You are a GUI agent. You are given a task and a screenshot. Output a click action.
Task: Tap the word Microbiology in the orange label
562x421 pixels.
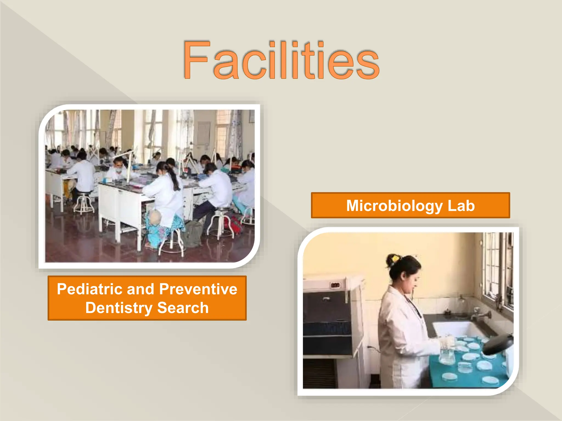click(x=394, y=206)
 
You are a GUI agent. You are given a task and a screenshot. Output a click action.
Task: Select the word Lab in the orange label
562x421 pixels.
click(x=461, y=206)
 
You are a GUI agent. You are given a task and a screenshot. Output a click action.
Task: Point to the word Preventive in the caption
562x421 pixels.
click(x=198, y=289)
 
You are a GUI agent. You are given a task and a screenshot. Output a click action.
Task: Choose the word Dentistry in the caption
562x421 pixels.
click(x=118, y=308)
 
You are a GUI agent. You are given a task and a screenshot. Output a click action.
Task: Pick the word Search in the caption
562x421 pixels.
click(x=183, y=308)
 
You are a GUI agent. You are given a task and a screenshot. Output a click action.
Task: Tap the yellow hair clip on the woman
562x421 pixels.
click(x=395, y=258)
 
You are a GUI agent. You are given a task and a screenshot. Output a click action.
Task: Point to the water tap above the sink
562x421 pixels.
click(x=479, y=314)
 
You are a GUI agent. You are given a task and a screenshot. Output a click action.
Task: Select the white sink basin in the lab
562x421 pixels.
click(x=456, y=329)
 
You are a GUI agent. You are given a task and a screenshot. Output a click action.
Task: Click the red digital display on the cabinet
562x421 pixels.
click(x=335, y=285)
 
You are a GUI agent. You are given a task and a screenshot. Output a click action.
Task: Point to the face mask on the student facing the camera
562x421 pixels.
click(x=119, y=170)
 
